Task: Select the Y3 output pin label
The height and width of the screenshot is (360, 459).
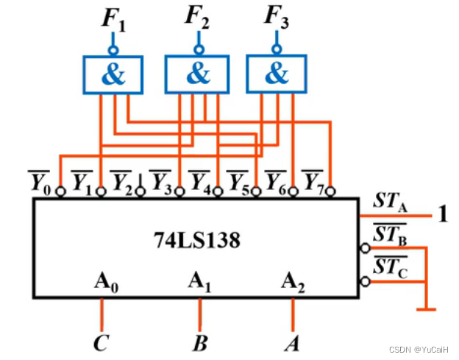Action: click(x=160, y=180)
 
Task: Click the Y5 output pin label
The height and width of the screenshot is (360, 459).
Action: click(x=237, y=180)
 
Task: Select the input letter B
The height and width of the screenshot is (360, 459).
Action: click(x=199, y=343)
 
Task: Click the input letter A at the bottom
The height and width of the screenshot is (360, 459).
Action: click(x=293, y=343)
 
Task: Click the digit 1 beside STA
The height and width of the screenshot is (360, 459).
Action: click(x=443, y=216)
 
